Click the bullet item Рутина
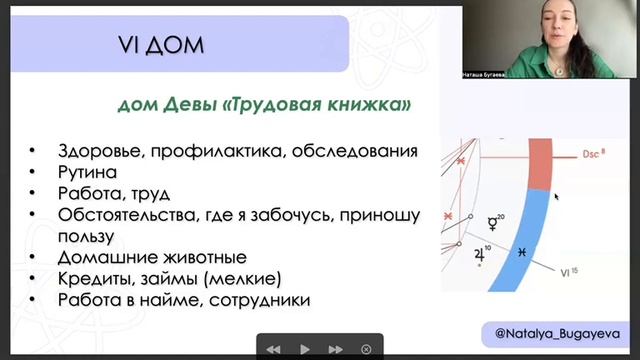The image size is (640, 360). tap(87, 172)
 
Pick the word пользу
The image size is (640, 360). tap(87, 235)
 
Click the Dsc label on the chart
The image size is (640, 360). tap(592, 154)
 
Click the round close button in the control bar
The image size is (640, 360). tap(366, 349)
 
